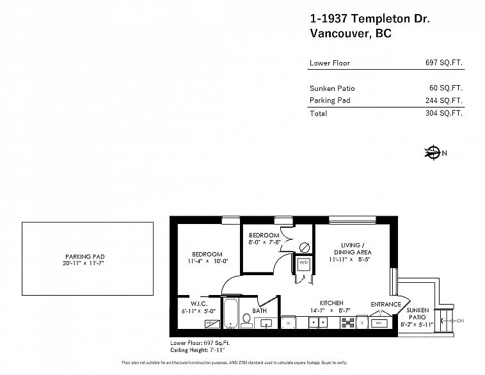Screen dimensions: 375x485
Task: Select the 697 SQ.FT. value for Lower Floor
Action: pyautogui.click(x=443, y=63)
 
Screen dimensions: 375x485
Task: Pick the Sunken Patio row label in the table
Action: pyautogui.click(x=331, y=88)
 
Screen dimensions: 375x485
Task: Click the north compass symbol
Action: pyautogui.click(x=433, y=153)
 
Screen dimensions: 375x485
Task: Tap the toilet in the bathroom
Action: pyautogui.click(x=247, y=319)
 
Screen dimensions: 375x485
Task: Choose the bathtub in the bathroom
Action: pyautogui.click(x=230, y=313)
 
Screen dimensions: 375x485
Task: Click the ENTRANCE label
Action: pyautogui.click(x=386, y=304)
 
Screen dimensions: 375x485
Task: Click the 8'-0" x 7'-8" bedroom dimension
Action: pyautogui.click(x=264, y=243)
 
